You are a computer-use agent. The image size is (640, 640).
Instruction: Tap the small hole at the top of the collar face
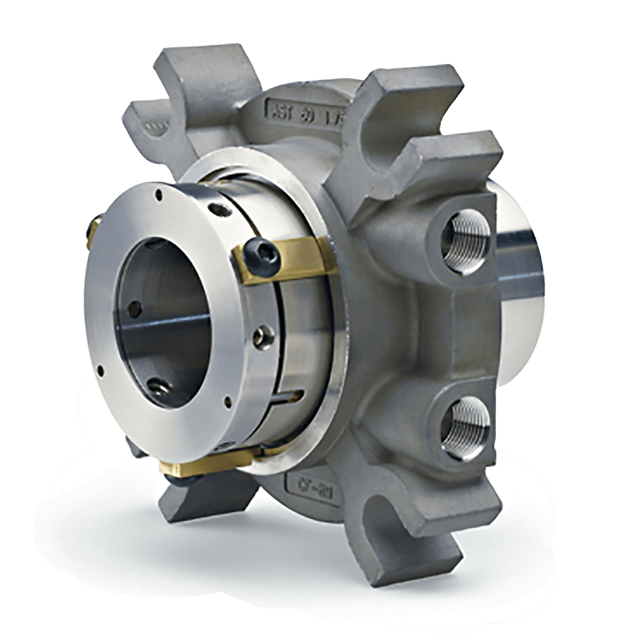[x=157, y=191]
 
